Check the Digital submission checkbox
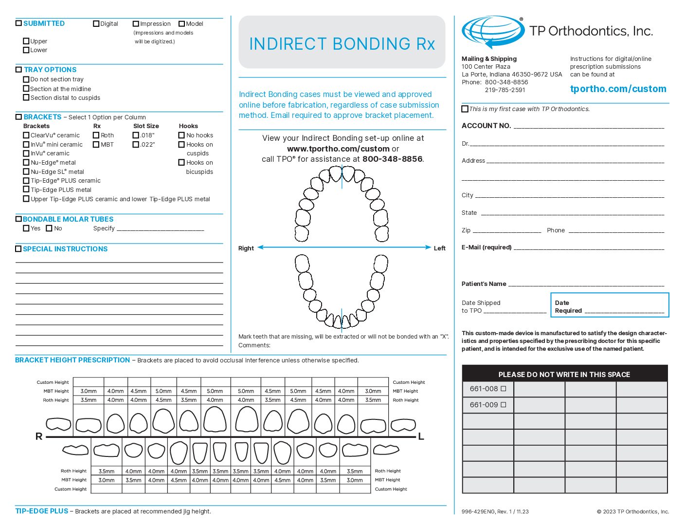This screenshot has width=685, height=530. coord(96,23)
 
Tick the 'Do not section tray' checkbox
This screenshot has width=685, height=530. coord(26,79)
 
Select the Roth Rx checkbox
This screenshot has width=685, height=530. coord(96,135)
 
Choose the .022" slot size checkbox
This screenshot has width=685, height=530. coord(136,144)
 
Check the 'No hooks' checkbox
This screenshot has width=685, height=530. coord(181,135)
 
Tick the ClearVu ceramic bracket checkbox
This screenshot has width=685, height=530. coord(26,135)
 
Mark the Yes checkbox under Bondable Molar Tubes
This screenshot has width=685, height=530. coord(26,228)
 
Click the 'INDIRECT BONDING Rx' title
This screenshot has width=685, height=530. coord(342,44)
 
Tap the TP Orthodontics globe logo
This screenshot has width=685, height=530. coord(492,31)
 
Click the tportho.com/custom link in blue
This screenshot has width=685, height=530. coord(618,89)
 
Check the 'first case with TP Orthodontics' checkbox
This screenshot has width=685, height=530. coord(465,109)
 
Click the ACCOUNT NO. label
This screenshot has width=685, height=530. coord(486,126)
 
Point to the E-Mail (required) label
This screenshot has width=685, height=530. coord(487,247)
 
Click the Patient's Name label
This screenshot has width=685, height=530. coord(484,284)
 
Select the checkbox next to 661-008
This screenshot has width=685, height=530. coord(504,389)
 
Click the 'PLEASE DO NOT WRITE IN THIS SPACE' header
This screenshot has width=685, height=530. coord(564,375)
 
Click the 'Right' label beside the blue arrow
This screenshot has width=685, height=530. coord(246,248)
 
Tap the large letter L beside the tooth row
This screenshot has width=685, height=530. coord(421,436)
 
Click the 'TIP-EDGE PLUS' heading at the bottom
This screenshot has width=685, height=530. coord(42,511)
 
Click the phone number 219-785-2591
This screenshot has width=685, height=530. coord(505,90)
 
